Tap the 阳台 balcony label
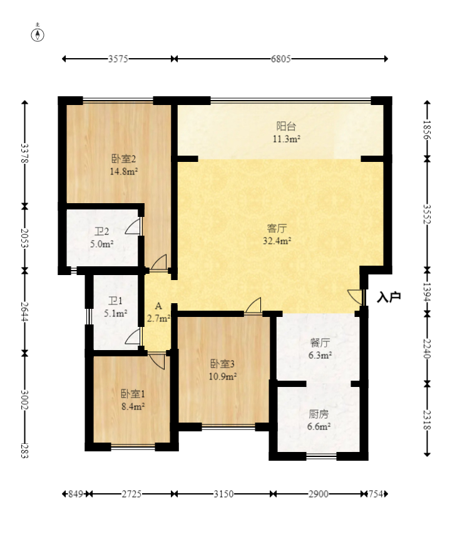[287, 126]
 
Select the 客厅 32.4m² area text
[277, 241]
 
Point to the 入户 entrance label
[389, 297]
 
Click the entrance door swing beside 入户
[355, 296]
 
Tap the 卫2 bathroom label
[102, 231]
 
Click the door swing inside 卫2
[133, 226]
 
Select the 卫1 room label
[115, 301]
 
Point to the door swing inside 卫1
[133, 337]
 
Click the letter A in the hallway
[158, 306]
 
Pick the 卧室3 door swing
[253, 305]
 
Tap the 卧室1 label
[133, 394]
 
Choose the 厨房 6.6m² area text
[319, 426]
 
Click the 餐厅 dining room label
[320, 343]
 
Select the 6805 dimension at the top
[280, 59]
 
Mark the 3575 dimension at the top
[118, 59]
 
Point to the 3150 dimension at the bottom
[223, 494]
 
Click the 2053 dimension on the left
[24, 238]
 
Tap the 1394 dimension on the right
[427, 292]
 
